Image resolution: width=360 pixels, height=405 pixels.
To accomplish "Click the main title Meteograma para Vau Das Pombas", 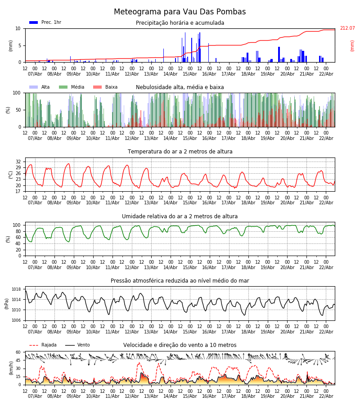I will click(x=180, y=12).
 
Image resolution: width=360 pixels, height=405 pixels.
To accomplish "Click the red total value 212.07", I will click(x=347, y=28).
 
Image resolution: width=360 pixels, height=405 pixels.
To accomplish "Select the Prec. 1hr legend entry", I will click(x=45, y=22).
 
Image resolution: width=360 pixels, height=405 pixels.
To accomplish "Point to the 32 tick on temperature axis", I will click(x=18, y=162).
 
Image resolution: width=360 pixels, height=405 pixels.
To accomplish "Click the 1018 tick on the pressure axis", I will click(x=16, y=289).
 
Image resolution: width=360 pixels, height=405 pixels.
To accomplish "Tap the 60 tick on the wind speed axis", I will click(x=18, y=352).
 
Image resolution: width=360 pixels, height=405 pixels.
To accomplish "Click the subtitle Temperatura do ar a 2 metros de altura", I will click(x=180, y=152).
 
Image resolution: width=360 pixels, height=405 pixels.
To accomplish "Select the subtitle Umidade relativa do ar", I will click(x=180, y=216).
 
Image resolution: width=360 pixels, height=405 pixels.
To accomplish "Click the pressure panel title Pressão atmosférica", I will click(x=180, y=281).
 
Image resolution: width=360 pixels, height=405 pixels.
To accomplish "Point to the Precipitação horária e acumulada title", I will click(x=180, y=23).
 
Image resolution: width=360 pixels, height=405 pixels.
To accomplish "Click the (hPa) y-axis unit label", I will click(x=7, y=303).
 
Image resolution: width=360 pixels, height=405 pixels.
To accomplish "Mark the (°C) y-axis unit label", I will click(x=11, y=175).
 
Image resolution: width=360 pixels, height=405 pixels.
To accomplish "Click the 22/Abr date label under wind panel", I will click(x=326, y=396).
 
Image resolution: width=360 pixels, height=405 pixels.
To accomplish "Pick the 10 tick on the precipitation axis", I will click(x=18, y=28).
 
